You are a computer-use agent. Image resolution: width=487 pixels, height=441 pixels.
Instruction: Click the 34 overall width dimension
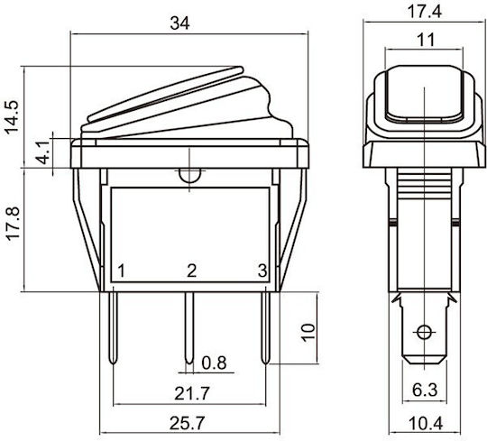click(179, 23)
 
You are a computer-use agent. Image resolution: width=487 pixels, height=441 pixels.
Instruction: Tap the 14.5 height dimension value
click(12, 117)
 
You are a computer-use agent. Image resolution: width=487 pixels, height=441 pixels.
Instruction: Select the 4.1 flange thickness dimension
click(41, 152)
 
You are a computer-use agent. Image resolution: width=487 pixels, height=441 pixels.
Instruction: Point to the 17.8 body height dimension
click(13, 224)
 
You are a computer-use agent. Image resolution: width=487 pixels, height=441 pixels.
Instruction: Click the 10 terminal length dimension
click(308, 333)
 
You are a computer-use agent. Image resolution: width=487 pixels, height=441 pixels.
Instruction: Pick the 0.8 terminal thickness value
click(214, 363)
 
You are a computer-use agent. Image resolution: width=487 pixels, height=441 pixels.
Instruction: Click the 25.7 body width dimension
click(188, 423)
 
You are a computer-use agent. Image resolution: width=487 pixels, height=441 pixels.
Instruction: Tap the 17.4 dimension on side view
click(424, 12)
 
